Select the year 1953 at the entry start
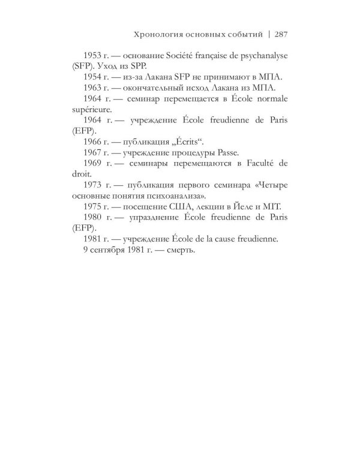pyautogui.click(x=95, y=55)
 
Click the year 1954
pyautogui.click(x=95, y=77)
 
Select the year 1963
pyautogui.click(x=95, y=88)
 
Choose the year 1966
pyautogui.click(x=95, y=143)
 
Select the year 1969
pyautogui.click(x=95, y=166)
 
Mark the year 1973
pyautogui.click(x=95, y=188)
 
